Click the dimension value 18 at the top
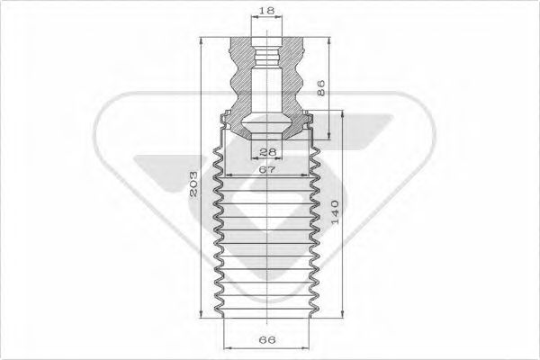point(266,10)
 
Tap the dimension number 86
point(319,88)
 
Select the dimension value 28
point(267,151)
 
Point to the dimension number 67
point(267,169)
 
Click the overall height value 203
point(193,184)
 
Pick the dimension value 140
point(335,211)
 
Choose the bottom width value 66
point(267,340)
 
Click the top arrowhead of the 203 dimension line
point(201,41)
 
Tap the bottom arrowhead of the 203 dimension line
point(201,314)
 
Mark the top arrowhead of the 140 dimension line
point(343,114)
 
